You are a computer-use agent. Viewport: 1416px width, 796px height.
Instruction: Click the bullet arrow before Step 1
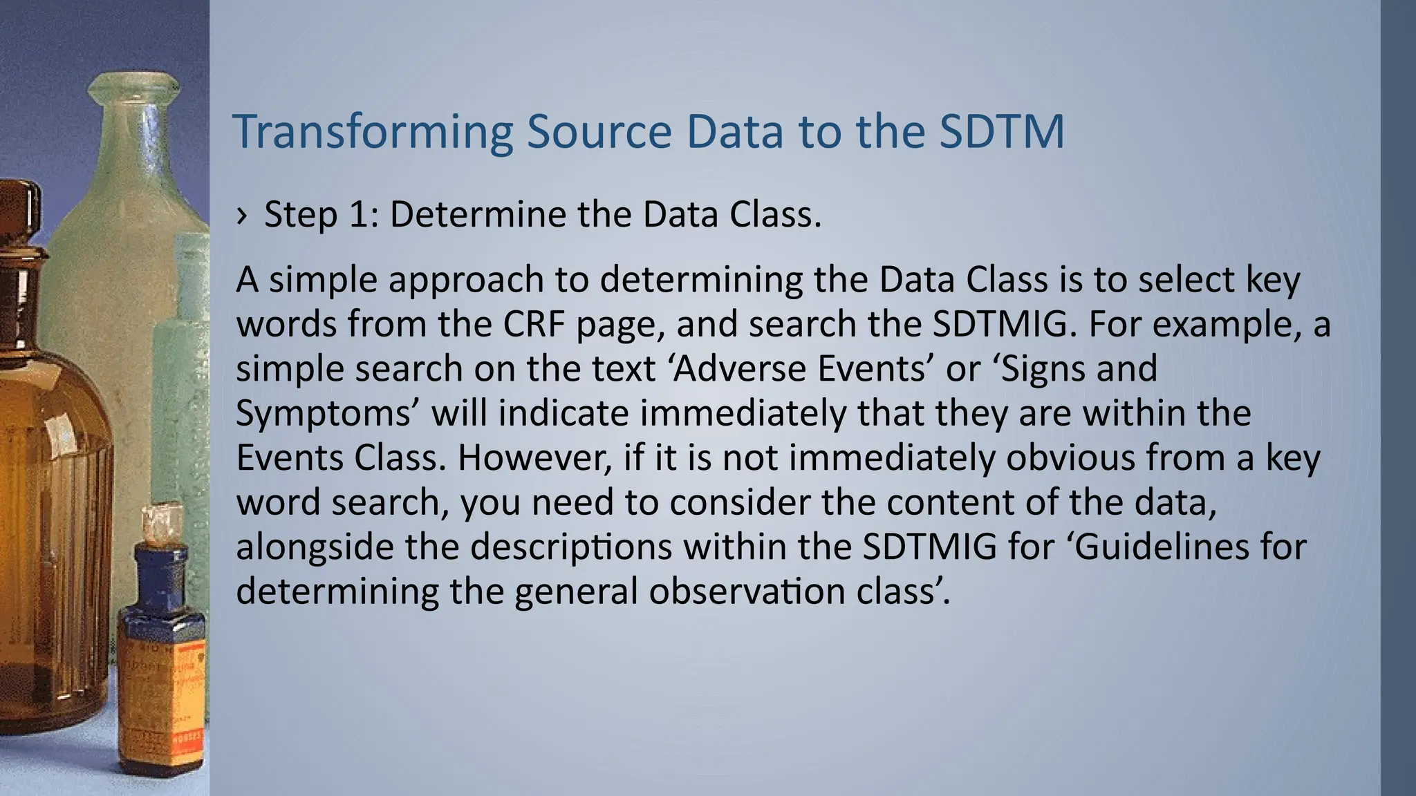coord(241,216)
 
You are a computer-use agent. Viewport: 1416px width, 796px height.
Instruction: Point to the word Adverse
coord(738,368)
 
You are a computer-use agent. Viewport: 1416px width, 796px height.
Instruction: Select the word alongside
coord(314,547)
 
